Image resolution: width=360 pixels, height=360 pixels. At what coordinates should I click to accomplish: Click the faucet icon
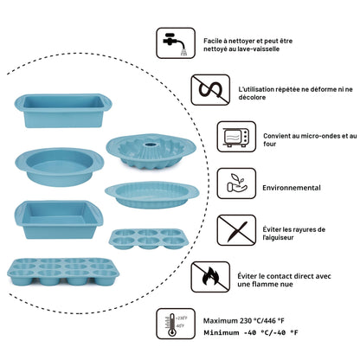[176, 43]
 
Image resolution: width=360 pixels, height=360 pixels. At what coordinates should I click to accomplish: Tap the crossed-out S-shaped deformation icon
[210, 90]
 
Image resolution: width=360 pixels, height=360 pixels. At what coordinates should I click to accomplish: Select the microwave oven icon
[236, 137]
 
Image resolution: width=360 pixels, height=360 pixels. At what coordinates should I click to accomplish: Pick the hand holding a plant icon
[236, 183]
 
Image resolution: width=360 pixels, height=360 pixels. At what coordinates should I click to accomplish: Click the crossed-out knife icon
[236, 230]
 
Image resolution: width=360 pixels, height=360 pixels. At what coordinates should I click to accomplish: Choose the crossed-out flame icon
[210, 277]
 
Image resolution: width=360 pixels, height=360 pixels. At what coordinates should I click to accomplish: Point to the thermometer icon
[176, 324]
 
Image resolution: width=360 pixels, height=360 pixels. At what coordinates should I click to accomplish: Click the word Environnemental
[292, 188]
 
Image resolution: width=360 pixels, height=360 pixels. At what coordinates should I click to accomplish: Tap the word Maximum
[220, 321]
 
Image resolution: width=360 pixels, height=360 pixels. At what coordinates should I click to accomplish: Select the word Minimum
[222, 332]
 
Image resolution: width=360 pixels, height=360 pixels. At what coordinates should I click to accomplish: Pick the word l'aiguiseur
[278, 238]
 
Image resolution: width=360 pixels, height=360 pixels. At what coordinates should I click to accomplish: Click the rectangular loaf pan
[63, 111]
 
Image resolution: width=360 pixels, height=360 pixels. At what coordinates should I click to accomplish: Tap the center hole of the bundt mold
[151, 144]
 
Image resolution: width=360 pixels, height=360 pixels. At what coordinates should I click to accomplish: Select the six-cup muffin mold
[148, 239]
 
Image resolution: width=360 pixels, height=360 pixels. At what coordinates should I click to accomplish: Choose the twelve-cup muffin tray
[63, 272]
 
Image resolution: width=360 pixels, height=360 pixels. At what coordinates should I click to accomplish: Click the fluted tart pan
[151, 195]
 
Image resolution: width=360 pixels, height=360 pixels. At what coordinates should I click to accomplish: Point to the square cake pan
[58, 220]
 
